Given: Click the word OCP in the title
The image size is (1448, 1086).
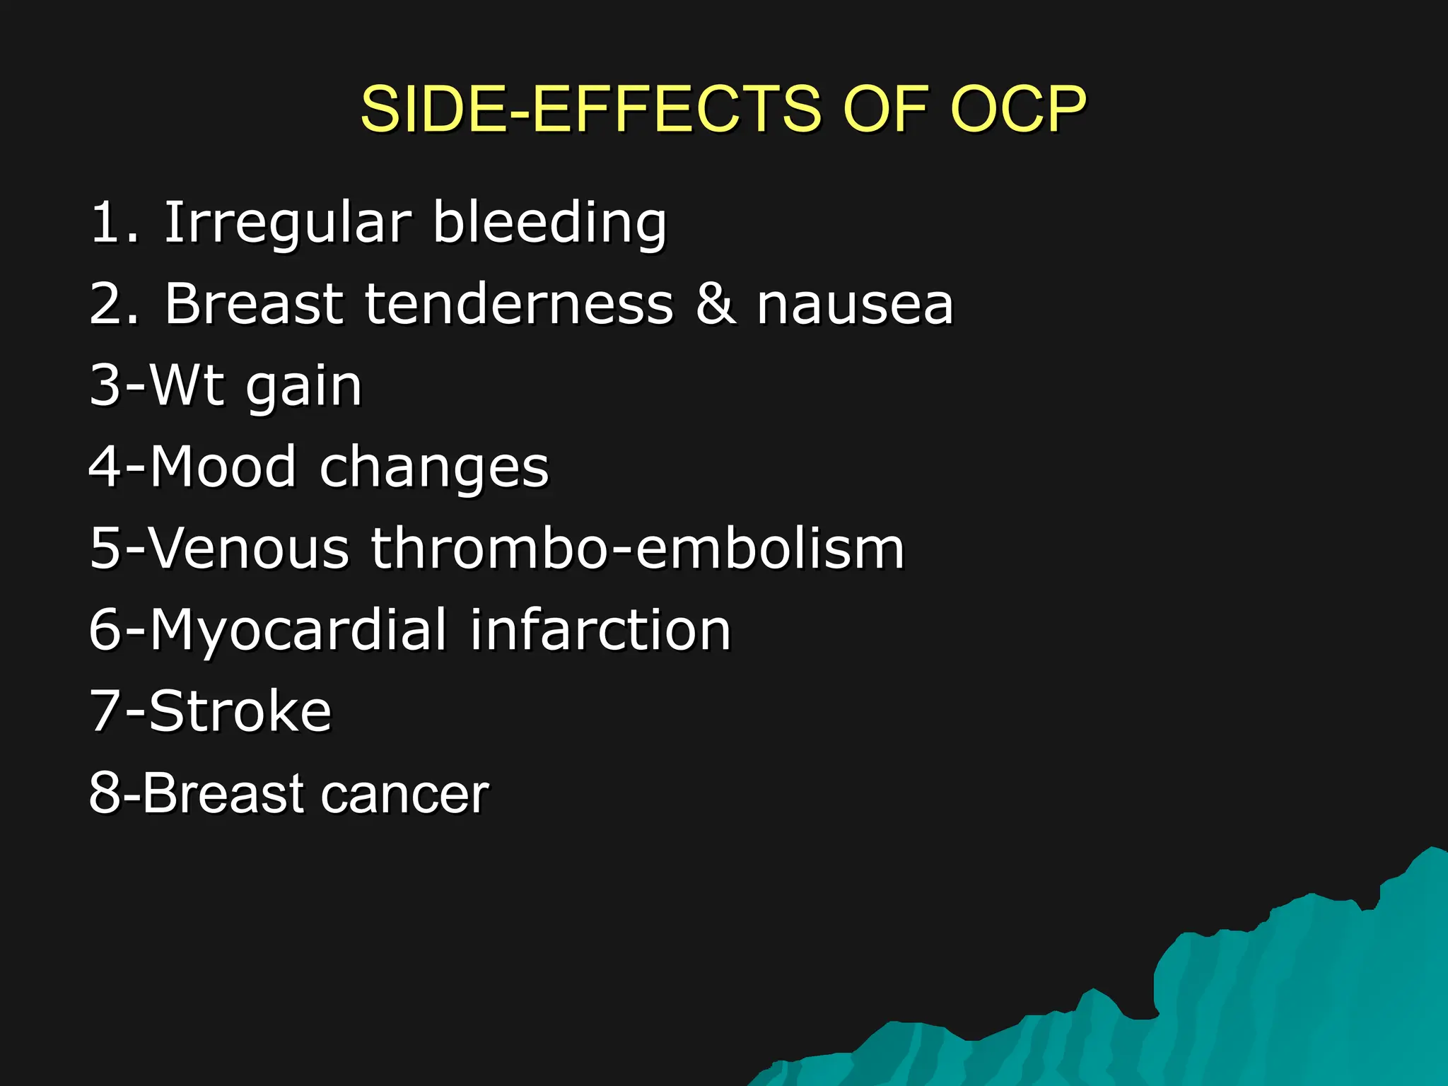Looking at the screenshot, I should [x=1018, y=109].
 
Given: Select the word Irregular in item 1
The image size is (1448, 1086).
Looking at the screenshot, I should [x=287, y=223].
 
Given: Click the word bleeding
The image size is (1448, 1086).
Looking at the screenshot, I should [x=549, y=223].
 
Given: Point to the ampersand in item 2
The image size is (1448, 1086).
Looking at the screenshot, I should [x=715, y=304].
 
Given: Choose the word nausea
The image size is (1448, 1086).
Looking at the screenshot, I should [x=855, y=304].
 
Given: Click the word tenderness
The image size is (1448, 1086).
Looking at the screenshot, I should [x=519, y=304].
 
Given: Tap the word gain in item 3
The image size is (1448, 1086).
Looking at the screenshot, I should [x=303, y=387].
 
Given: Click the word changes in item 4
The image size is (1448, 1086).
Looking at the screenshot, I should [x=434, y=468].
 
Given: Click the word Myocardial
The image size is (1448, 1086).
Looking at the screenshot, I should [x=298, y=630].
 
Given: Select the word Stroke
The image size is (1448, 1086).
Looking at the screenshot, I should [x=240, y=711].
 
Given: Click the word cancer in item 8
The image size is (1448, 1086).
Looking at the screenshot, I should [x=404, y=794].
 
